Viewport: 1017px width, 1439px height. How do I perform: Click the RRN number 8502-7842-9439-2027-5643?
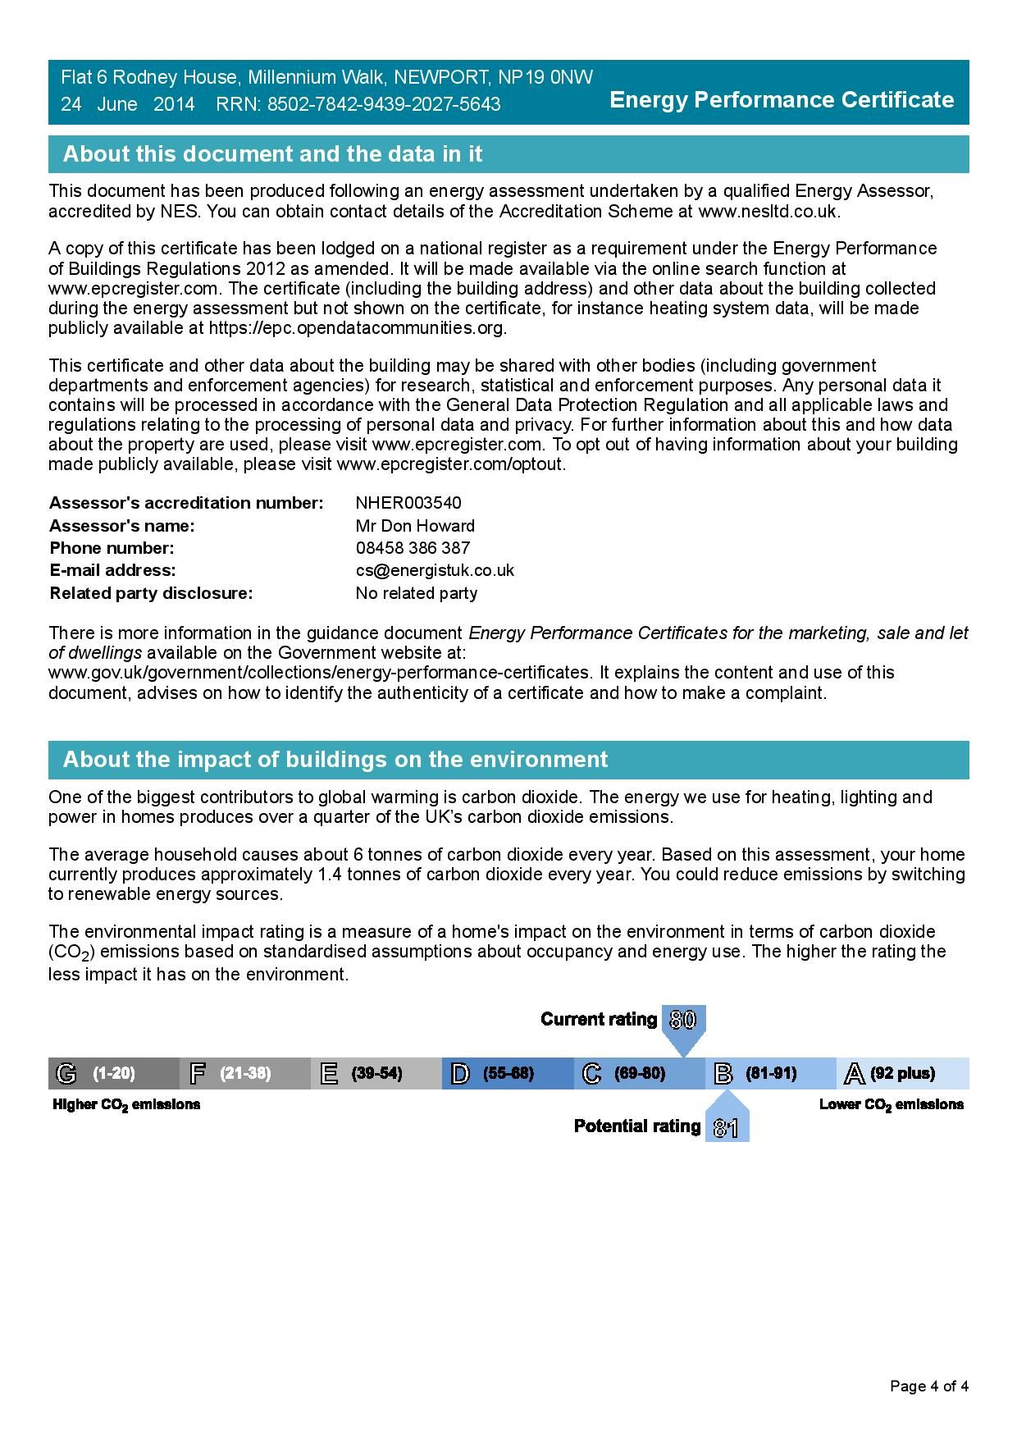pyautogui.click(x=384, y=104)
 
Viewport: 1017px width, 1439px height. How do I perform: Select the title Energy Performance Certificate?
pyautogui.click(x=782, y=100)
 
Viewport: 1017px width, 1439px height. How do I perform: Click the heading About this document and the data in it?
pyautogui.click(x=272, y=154)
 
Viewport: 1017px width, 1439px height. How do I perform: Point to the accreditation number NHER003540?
pyautogui.click(x=408, y=503)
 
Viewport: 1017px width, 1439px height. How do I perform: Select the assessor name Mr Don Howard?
pyautogui.click(x=415, y=526)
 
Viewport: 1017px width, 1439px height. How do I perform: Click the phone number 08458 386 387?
pyautogui.click(x=413, y=548)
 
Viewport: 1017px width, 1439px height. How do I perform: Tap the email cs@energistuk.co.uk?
pyautogui.click(x=435, y=570)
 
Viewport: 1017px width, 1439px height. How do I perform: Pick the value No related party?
pyautogui.click(x=416, y=593)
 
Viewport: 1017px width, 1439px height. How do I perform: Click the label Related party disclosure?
pyautogui.click(x=151, y=593)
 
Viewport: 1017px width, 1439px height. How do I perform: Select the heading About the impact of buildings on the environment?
pyautogui.click(x=335, y=760)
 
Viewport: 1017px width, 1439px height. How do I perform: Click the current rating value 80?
pyautogui.click(x=682, y=1020)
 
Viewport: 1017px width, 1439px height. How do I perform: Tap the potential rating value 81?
pyautogui.click(x=726, y=1129)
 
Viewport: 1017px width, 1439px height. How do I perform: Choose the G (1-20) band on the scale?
pyautogui.click(x=113, y=1073)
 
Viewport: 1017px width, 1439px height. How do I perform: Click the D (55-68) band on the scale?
pyautogui.click(x=507, y=1073)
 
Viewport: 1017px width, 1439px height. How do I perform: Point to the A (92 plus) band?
pyautogui.click(x=902, y=1073)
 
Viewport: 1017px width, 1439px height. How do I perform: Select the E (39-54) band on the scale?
pyautogui.click(x=376, y=1073)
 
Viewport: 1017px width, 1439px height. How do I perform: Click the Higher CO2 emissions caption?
pyautogui.click(x=126, y=1105)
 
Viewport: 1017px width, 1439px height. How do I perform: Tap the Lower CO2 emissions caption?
pyautogui.click(x=892, y=1105)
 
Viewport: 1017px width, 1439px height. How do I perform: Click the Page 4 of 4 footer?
pyautogui.click(x=929, y=1386)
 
